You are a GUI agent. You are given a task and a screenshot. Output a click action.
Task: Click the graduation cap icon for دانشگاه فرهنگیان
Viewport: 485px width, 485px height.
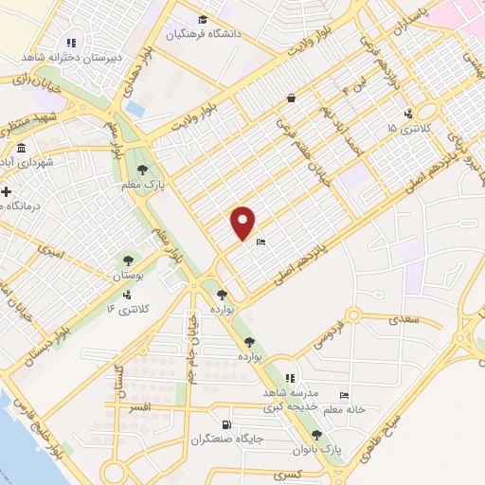[x=202, y=19]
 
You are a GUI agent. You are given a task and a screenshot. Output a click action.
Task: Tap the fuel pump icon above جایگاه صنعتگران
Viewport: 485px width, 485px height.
[x=225, y=425]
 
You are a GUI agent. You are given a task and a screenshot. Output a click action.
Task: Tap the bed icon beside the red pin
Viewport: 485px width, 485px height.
[x=261, y=242]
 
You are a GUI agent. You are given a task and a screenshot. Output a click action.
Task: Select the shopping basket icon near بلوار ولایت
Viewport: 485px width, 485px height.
[x=292, y=98]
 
